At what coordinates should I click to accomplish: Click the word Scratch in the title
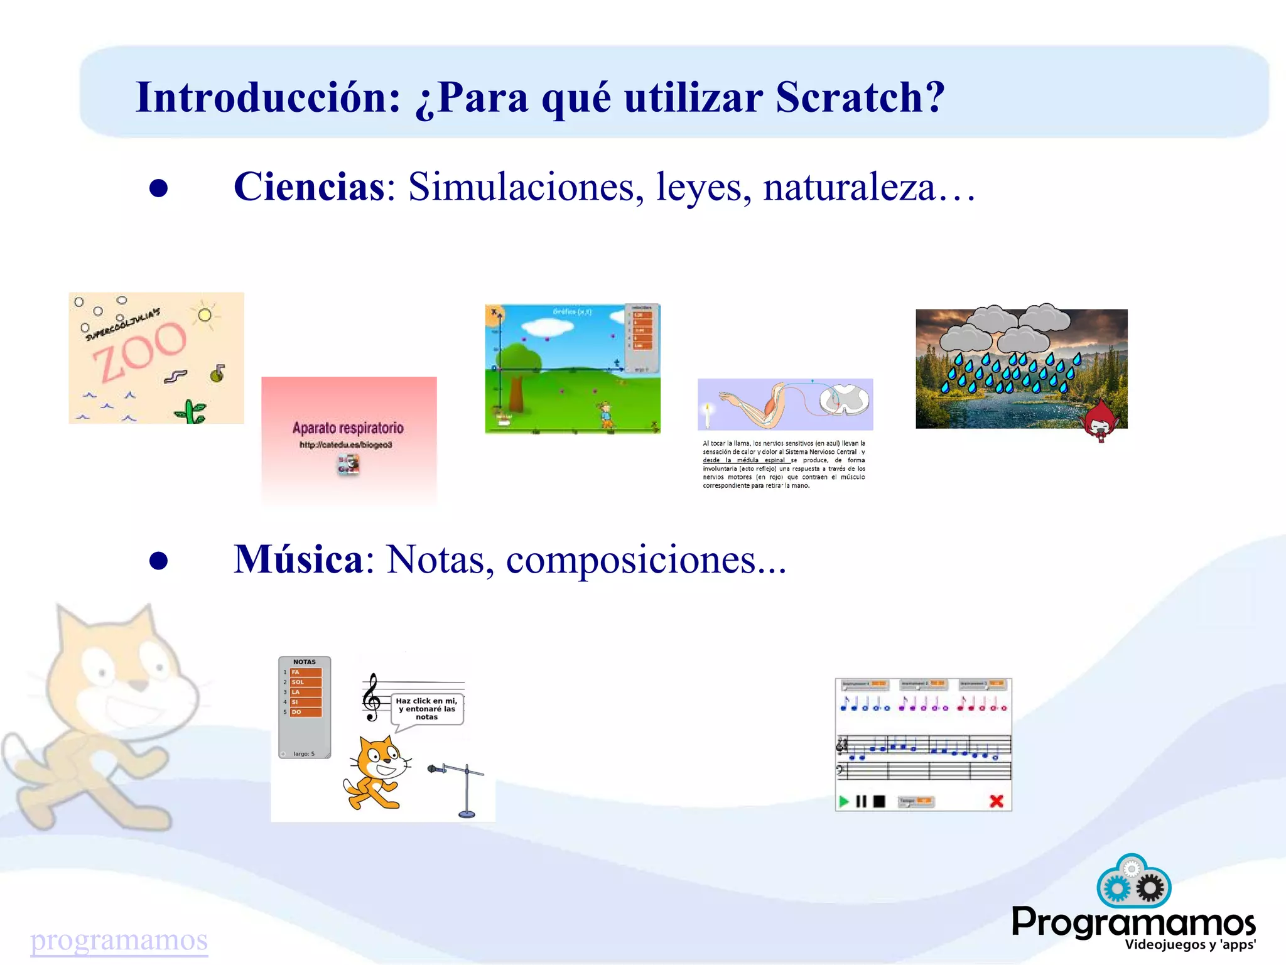[x=860, y=97]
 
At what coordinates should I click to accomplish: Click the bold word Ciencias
[x=309, y=186]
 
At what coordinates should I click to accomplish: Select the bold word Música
[x=298, y=559]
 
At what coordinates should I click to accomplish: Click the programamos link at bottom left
[x=119, y=940]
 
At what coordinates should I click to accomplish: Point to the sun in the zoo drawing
[x=205, y=315]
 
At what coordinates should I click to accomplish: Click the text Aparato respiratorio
[x=348, y=428]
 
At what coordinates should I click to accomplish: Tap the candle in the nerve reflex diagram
[x=708, y=414]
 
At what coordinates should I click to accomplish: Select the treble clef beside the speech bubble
[x=372, y=698]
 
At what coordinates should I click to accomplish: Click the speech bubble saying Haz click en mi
[x=427, y=709]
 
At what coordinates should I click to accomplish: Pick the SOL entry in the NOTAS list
[x=305, y=682]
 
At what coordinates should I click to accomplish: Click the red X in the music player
[x=996, y=801]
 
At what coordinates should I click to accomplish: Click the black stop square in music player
[x=879, y=801]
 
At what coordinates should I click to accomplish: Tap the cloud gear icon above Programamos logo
[x=1133, y=881]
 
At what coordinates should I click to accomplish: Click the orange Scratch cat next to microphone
[x=375, y=772]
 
